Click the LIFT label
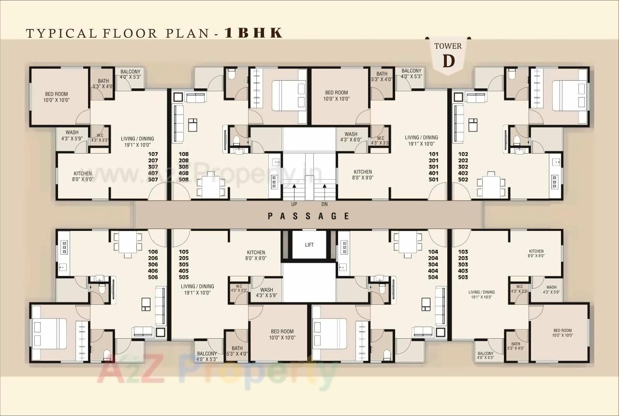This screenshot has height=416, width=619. tap(309, 245)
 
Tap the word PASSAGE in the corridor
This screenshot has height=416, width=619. tap(308, 216)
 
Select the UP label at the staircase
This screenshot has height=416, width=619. tap(294, 204)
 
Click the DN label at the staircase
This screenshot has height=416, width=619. tap(324, 204)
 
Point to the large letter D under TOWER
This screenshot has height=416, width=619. tap(448, 61)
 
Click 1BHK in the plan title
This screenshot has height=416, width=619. tap(253, 33)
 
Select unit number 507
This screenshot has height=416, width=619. tap(153, 179)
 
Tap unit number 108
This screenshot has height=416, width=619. tap(183, 155)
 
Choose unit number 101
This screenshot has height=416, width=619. tap(433, 155)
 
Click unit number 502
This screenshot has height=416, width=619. tap(463, 179)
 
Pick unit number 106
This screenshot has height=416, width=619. tap(153, 252)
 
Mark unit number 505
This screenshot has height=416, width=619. tap(183, 277)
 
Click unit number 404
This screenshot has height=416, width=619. tap(433, 271)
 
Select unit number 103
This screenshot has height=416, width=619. tap(463, 252)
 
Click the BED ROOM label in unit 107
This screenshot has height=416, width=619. tap(57, 94)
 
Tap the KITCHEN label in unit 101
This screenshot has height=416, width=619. tap(362, 172)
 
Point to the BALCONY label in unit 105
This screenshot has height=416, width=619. tap(207, 353)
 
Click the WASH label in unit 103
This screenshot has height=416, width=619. tap(551, 287)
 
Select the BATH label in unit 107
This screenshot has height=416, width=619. tap(103, 81)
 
